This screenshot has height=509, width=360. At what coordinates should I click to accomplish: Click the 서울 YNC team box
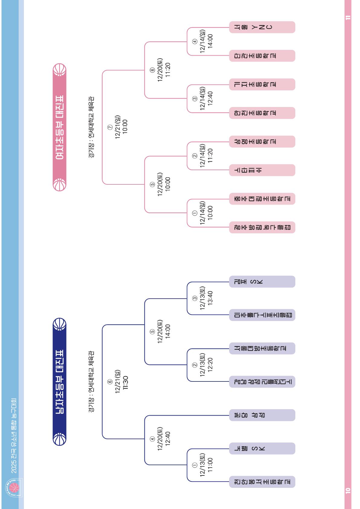point(262,27)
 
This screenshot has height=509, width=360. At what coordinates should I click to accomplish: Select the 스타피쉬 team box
point(262,170)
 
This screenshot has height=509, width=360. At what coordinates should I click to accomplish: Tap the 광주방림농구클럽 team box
point(262,227)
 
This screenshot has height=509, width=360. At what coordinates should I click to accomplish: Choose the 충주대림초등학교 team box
point(262,199)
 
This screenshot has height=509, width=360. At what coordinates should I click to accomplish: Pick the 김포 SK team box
point(262,282)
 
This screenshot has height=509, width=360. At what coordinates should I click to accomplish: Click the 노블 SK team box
point(262,449)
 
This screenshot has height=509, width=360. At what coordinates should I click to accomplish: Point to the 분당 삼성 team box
point(262,415)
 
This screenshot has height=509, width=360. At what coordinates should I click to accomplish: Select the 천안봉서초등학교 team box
point(262,482)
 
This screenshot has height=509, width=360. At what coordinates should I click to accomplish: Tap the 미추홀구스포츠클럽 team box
point(262,315)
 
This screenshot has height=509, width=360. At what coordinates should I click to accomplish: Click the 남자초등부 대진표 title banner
point(60,381)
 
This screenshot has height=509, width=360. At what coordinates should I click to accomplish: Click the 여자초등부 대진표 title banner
point(60,127)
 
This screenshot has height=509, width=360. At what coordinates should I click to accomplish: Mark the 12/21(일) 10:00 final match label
point(121,127)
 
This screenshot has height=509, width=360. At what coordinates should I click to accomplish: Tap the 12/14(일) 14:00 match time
point(206,41)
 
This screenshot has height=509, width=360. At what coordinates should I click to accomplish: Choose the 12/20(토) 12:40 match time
point(164,439)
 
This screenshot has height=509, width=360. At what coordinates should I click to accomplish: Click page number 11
point(348,17)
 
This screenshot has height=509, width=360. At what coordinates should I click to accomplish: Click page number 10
point(348,490)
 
